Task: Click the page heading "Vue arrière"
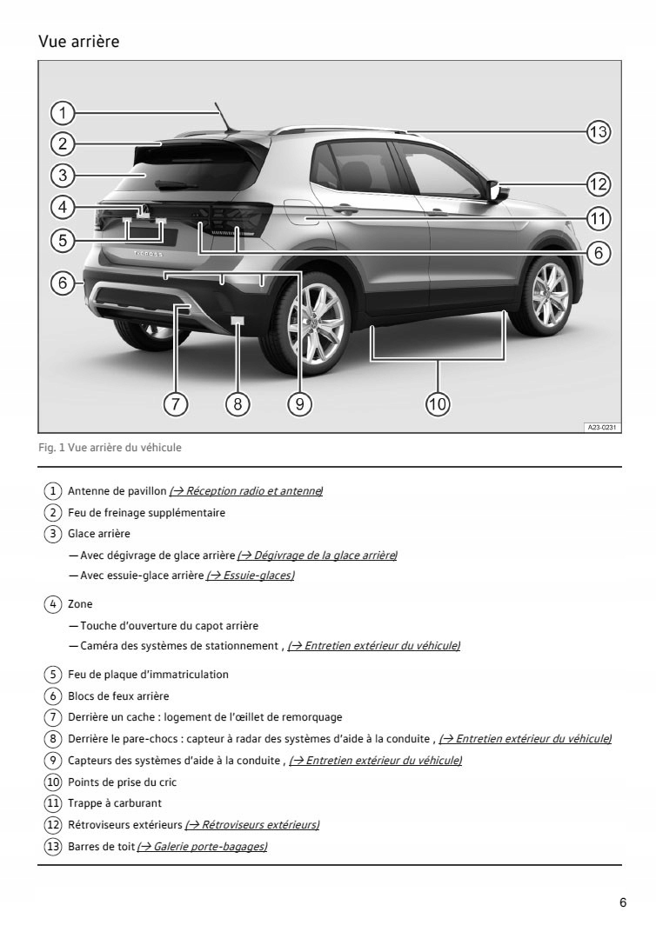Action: [79, 42]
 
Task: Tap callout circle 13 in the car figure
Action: [597, 132]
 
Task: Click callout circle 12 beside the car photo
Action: [597, 183]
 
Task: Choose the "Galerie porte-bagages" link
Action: [202, 847]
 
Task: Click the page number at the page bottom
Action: [622, 902]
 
